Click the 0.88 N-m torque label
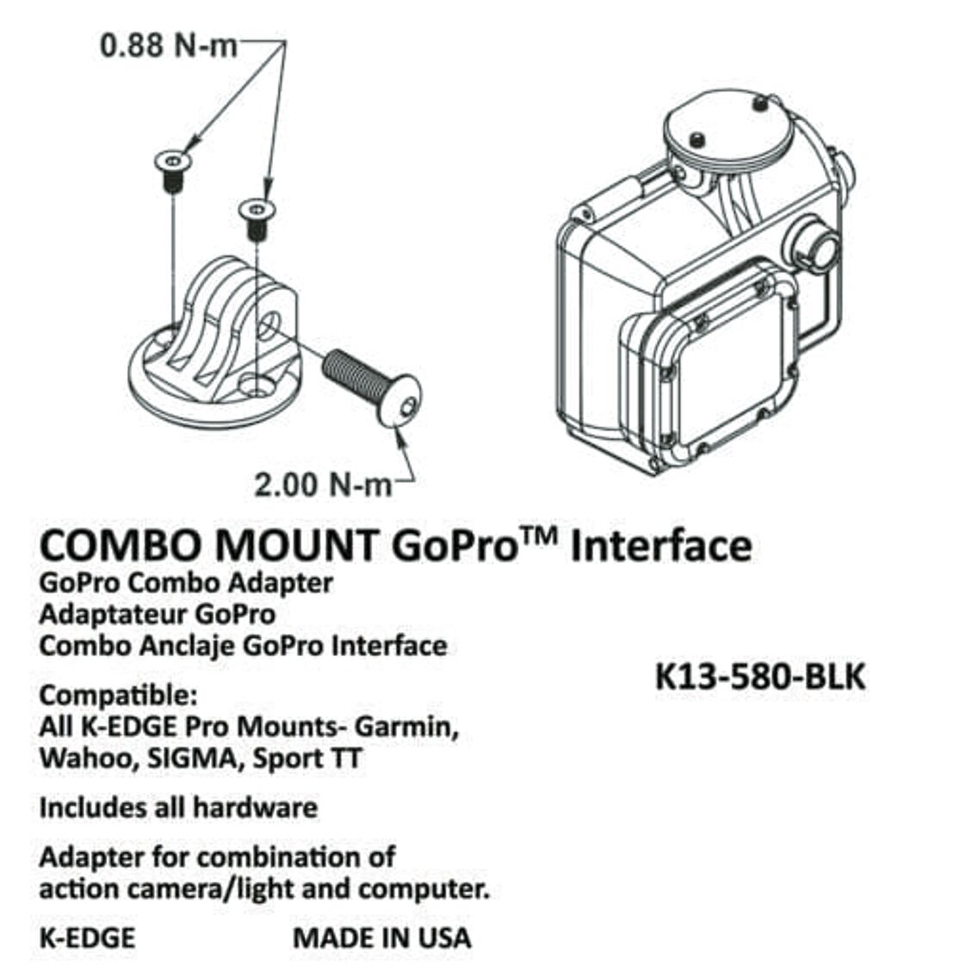[x=169, y=46]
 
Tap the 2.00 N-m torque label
[x=323, y=484]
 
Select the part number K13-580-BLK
[x=760, y=677]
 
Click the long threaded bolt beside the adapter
[x=372, y=388]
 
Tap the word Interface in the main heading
[x=661, y=546]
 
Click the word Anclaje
[x=187, y=646]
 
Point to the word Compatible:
[x=118, y=696]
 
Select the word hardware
[x=255, y=808]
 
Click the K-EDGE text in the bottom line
[x=87, y=938]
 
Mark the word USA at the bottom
[x=443, y=938]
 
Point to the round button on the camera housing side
[x=816, y=246]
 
